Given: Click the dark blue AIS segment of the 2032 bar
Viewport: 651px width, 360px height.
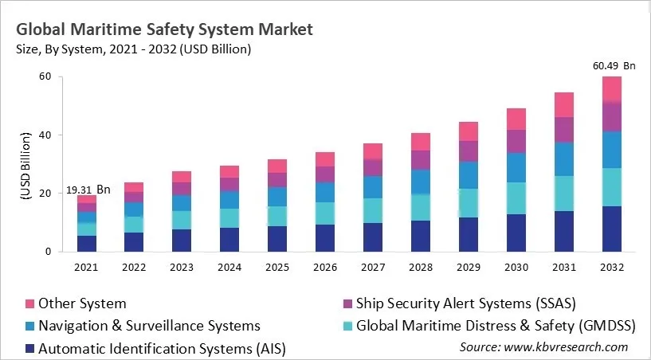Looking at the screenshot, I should coord(611,229).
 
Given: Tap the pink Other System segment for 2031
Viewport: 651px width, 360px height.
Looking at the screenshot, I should coord(565,104).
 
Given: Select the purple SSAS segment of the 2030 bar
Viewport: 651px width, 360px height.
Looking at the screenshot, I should coord(516,141).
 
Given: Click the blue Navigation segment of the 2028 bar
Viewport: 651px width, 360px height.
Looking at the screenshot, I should coord(422,182).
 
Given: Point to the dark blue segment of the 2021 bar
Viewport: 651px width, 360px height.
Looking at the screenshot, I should coord(87,243).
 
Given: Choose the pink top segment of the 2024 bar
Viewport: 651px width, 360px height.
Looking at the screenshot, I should coord(229,171).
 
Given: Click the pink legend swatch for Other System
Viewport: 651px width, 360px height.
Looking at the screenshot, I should coord(30,303).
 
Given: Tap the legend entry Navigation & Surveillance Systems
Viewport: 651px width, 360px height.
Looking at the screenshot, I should coord(149,326).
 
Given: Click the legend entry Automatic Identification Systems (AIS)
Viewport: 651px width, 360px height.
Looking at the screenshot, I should coord(162,348).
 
